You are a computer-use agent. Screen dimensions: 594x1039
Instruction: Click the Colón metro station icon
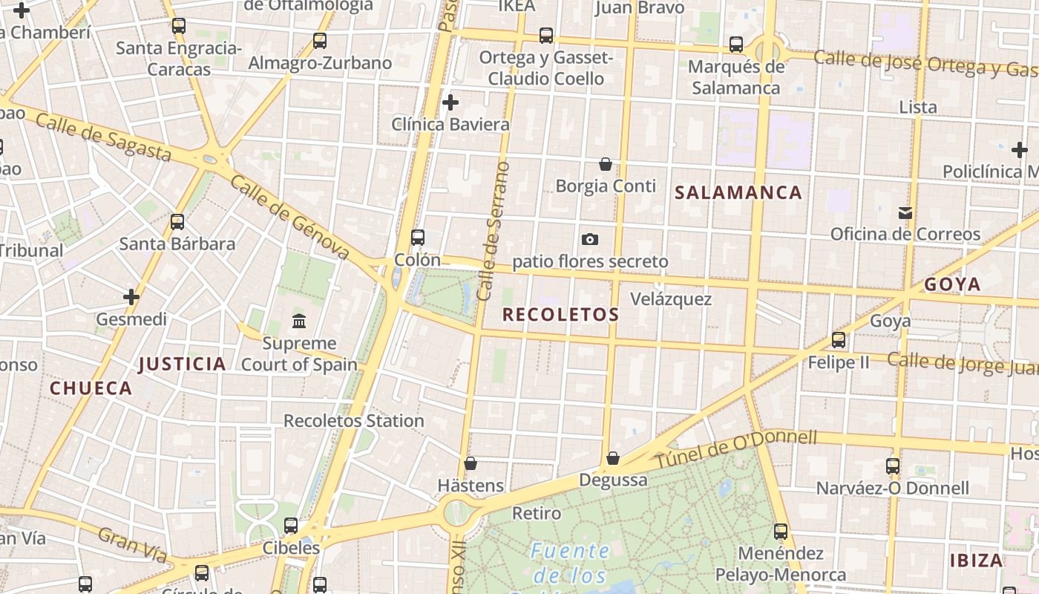pyautogui.click(x=418, y=238)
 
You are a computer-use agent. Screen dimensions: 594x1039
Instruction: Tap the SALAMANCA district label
pyautogui.click(x=738, y=193)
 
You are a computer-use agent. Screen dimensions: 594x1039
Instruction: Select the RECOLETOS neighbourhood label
pyautogui.click(x=560, y=315)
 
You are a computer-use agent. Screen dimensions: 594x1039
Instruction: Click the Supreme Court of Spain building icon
pyautogui.click(x=299, y=322)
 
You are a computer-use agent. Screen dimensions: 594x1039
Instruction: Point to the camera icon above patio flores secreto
pyautogui.click(x=590, y=239)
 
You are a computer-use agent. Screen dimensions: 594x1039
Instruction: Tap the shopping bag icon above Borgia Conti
pyautogui.click(x=606, y=164)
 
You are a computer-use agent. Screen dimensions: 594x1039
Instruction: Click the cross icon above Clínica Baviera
pyautogui.click(x=450, y=102)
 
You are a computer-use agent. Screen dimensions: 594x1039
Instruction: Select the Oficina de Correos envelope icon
pyautogui.click(x=905, y=213)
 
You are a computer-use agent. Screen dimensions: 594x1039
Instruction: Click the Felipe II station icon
pyautogui.click(x=839, y=340)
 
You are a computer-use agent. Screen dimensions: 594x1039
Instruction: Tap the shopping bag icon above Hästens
pyautogui.click(x=471, y=464)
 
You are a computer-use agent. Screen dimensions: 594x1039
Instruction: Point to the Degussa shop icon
pyautogui.click(x=613, y=458)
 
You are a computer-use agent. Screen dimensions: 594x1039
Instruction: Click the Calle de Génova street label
pyautogui.click(x=289, y=218)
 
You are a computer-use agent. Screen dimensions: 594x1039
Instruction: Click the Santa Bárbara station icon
pyautogui.click(x=177, y=221)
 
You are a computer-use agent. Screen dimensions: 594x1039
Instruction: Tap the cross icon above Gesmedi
pyautogui.click(x=131, y=298)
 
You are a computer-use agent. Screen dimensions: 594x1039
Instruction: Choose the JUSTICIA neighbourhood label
pyautogui.click(x=182, y=364)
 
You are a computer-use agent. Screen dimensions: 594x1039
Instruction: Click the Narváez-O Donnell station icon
pyautogui.click(x=893, y=466)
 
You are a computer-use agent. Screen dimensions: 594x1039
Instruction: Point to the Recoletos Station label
pyautogui.click(x=354, y=421)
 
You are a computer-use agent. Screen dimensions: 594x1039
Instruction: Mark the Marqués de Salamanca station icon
pyautogui.click(x=736, y=45)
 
